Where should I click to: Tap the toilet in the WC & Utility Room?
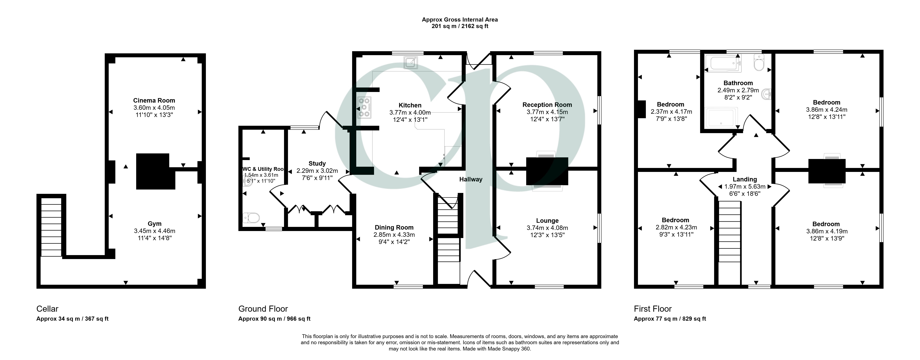pos(251,218)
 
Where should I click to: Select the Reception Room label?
pos(547,105)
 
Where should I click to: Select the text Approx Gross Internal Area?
pos(460,20)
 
